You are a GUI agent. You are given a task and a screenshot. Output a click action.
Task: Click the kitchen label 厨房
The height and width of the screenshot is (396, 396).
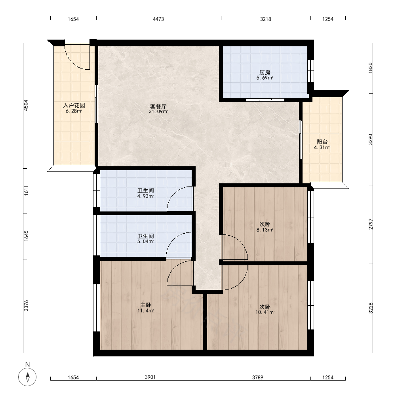(x=265, y=72)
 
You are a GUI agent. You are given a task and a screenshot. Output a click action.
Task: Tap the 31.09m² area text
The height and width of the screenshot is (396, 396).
(x=158, y=111)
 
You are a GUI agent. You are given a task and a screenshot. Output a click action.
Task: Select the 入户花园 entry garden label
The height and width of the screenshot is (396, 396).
(x=74, y=105)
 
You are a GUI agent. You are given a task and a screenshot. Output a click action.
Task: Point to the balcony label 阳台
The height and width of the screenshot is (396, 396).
(x=322, y=142)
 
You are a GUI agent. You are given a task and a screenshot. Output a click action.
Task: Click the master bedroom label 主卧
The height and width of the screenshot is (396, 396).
(x=146, y=305)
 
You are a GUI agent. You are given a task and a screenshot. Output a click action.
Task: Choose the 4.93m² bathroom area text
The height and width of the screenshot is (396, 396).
(x=146, y=196)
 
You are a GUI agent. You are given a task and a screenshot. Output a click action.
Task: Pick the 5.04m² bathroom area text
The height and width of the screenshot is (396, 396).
(x=146, y=242)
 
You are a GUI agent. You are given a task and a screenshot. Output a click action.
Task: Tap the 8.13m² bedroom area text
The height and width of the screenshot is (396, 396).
(x=265, y=230)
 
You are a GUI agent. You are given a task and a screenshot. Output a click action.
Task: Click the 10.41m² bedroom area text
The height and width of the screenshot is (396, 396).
(x=265, y=312)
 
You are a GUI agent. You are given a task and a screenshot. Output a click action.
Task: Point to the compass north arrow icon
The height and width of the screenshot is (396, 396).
(x=28, y=377)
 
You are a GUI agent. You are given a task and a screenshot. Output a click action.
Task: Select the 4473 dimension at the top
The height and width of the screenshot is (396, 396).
(x=158, y=19)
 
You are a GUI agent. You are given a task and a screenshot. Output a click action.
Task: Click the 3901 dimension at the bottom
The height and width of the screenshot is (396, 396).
(x=150, y=377)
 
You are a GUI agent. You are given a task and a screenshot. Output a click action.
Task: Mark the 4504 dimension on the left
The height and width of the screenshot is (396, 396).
(x=26, y=105)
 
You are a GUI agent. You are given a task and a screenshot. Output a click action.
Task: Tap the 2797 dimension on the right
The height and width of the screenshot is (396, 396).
(x=371, y=224)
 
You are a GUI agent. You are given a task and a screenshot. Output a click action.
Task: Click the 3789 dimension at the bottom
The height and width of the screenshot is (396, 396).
(x=258, y=377)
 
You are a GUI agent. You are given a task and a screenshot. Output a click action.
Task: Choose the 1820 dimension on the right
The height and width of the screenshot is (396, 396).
(x=371, y=68)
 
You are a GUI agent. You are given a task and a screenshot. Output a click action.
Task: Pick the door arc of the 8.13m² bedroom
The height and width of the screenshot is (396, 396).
(x=240, y=242)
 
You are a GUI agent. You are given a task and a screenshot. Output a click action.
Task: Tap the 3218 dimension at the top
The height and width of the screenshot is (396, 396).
(x=266, y=19)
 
